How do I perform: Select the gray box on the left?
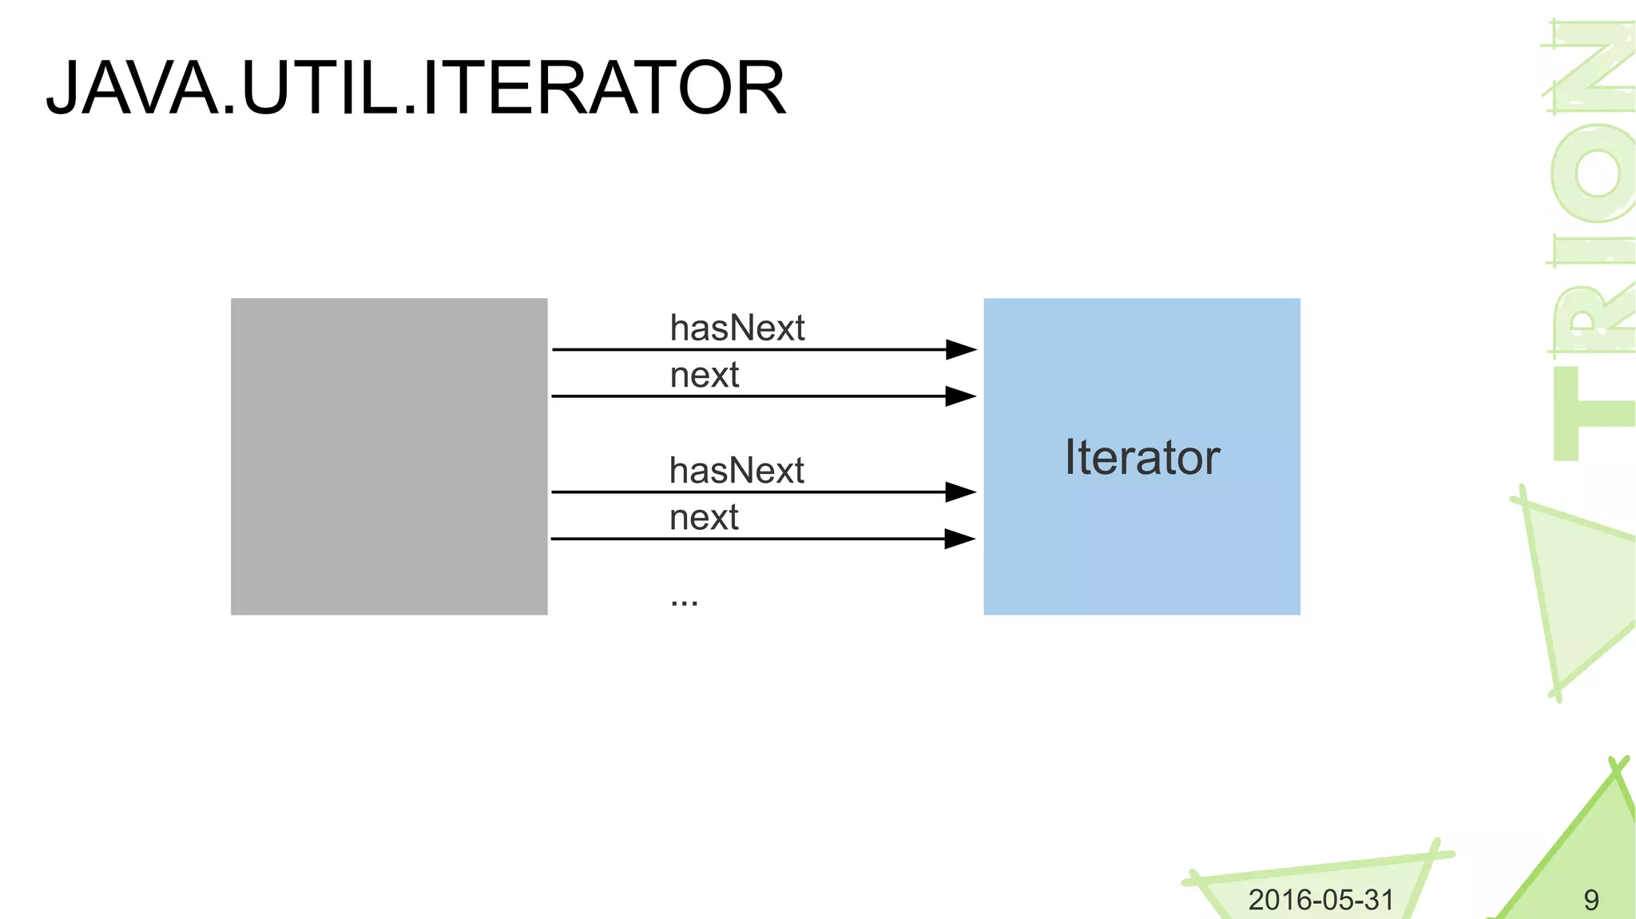pyautogui.click(x=389, y=456)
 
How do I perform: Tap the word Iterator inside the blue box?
pyautogui.click(x=1142, y=457)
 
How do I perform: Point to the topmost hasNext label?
pyautogui.click(x=737, y=328)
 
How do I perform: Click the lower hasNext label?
pyautogui.click(x=737, y=471)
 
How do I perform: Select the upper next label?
pyautogui.click(x=704, y=375)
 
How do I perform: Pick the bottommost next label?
pyautogui.click(x=703, y=517)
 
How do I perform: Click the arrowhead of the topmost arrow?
pyautogui.click(x=960, y=349)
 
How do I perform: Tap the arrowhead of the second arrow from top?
pyautogui.click(x=960, y=396)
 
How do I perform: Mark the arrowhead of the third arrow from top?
pyautogui.click(x=960, y=491)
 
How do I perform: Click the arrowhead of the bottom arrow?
pyautogui.click(x=960, y=539)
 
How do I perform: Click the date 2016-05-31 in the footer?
pyautogui.click(x=1320, y=900)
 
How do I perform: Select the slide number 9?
pyautogui.click(x=1590, y=901)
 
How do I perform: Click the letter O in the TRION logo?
pyautogui.click(x=1594, y=172)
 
